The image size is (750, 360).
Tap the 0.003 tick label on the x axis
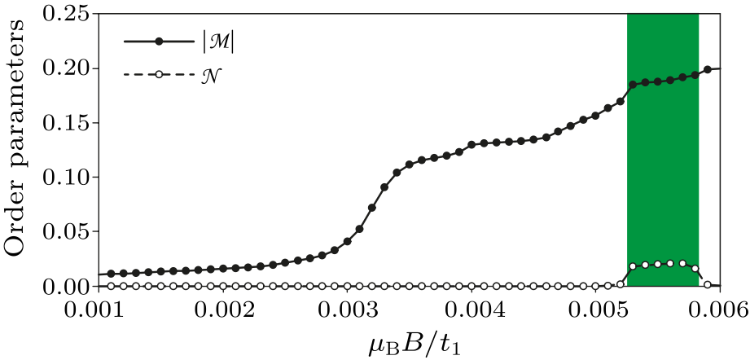point(348,310)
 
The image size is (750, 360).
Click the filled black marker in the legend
point(160,41)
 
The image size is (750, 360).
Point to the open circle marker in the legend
point(160,75)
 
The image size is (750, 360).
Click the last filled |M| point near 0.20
point(708,69)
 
